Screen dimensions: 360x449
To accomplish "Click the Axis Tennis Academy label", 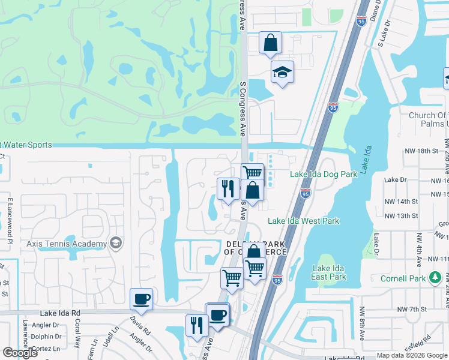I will click(x=67, y=244).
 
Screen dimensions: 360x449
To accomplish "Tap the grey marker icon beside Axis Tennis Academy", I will click(x=116, y=244).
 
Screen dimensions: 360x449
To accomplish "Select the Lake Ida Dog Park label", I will click(x=324, y=174).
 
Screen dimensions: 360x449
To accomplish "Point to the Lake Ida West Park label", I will click(x=303, y=221).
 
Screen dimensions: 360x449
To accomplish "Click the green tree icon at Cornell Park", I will click(x=436, y=278).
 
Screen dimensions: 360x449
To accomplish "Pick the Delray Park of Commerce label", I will click(x=255, y=248).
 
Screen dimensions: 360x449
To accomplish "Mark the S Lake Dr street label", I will click(x=381, y=37).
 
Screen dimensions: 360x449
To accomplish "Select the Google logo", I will click(x=20, y=353).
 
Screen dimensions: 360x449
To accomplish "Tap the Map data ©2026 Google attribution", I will click(x=411, y=355).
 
